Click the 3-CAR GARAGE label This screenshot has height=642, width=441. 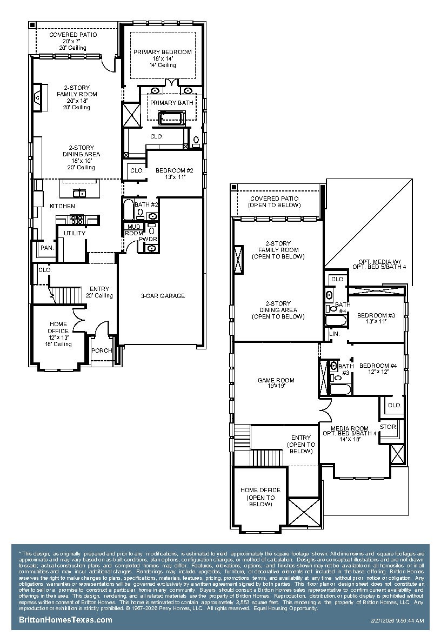pos(163,296)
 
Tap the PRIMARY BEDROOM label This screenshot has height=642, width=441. pos(163,52)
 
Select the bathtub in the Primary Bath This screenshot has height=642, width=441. pos(172,118)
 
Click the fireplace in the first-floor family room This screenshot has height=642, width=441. pos(38,97)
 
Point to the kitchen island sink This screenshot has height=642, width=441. pos(79,193)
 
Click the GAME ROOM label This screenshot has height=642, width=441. pos(276,380)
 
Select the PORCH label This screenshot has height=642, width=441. pos(102,350)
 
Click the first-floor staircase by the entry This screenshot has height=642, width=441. pos(65,295)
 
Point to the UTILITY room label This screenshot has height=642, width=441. pos(75,233)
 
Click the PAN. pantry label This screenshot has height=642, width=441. pos(47,248)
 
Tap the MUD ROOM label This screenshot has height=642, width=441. pos(134,230)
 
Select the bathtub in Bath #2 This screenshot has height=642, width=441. pos(128,209)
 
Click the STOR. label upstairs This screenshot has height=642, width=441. pos(388,427)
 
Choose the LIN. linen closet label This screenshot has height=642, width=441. pos(335,334)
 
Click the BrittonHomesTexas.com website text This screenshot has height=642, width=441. pos(65,619)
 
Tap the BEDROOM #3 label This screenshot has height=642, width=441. pos(376,315)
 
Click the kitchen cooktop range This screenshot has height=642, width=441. pos(77,220)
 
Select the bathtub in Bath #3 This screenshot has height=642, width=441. pos(340,389)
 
